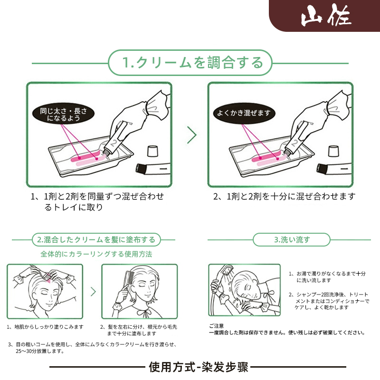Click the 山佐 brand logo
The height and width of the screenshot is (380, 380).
pyautogui.click(x=326, y=16)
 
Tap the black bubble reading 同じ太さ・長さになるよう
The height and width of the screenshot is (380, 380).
pyautogui.click(x=63, y=114)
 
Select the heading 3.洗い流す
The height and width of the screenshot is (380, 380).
pyautogui.click(x=292, y=239)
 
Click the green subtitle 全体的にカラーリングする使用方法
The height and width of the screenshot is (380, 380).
pyautogui.click(x=96, y=254)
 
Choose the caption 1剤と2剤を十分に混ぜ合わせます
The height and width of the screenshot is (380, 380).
pyautogui.click(x=284, y=196)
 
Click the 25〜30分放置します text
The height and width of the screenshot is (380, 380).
pyautogui.click(x=40, y=352)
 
